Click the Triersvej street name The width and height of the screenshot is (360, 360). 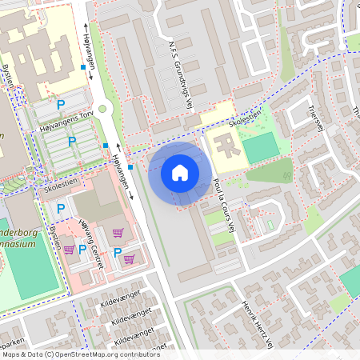[314, 121]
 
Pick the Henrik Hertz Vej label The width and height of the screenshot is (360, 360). [259, 323]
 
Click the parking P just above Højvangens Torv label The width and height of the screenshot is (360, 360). [59, 104]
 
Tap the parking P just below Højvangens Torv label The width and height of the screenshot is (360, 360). [71, 141]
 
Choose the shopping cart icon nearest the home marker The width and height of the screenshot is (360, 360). [118, 233]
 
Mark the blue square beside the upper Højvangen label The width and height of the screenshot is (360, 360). [83, 68]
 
